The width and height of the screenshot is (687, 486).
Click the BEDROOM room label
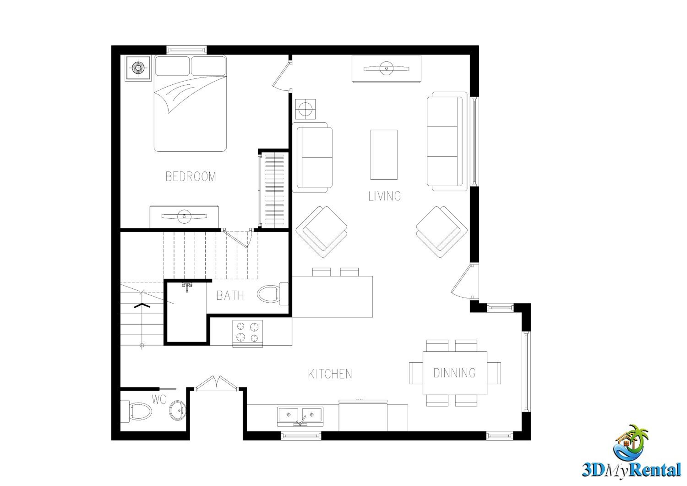pyautogui.click(x=191, y=176)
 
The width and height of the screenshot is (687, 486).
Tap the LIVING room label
pyautogui.click(x=384, y=196)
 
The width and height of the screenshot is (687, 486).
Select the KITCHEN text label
pyautogui.click(x=330, y=374)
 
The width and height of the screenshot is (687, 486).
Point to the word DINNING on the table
pyautogui.click(x=455, y=373)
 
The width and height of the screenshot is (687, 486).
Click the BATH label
pyautogui.click(x=230, y=296)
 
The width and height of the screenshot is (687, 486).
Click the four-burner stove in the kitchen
pyautogui.click(x=248, y=334)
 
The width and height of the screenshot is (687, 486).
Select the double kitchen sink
pyautogui.click(x=300, y=416)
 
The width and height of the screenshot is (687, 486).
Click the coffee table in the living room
pyautogui.click(x=384, y=155)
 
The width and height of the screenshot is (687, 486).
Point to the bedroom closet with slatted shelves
pyautogui.click(x=273, y=190)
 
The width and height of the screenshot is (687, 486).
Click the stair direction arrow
pyautogui.click(x=142, y=305)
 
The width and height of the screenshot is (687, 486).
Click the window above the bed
pyautogui.click(x=186, y=50)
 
